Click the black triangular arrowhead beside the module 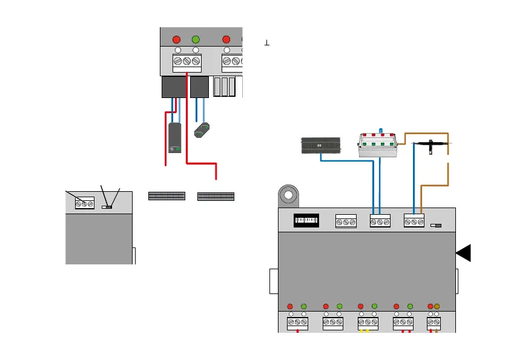pyautogui.click(x=464, y=254)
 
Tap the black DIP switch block pyautogui.click(x=306, y=221)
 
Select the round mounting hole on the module pyautogui.click(x=288, y=196)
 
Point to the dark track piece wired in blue pyautogui.click(x=321, y=146)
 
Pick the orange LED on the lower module pyautogui.click(x=437, y=306)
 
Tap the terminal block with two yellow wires pyautogui.click(x=368, y=324)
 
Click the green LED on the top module pyautogui.click(x=196, y=39)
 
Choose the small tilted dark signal pyautogui.click(x=203, y=129)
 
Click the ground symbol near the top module pyautogui.click(x=266, y=43)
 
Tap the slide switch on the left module pyautogui.click(x=107, y=207)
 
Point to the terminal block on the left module pyautogui.click(x=85, y=204)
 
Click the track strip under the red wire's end pyautogui.click(x=216, y=196)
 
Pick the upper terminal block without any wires pyautogui.click(x=346, y=223)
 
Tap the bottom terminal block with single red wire pyautogui.click(x=297, y=324)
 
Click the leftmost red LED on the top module pyautogui.click(x=176, y=39)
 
